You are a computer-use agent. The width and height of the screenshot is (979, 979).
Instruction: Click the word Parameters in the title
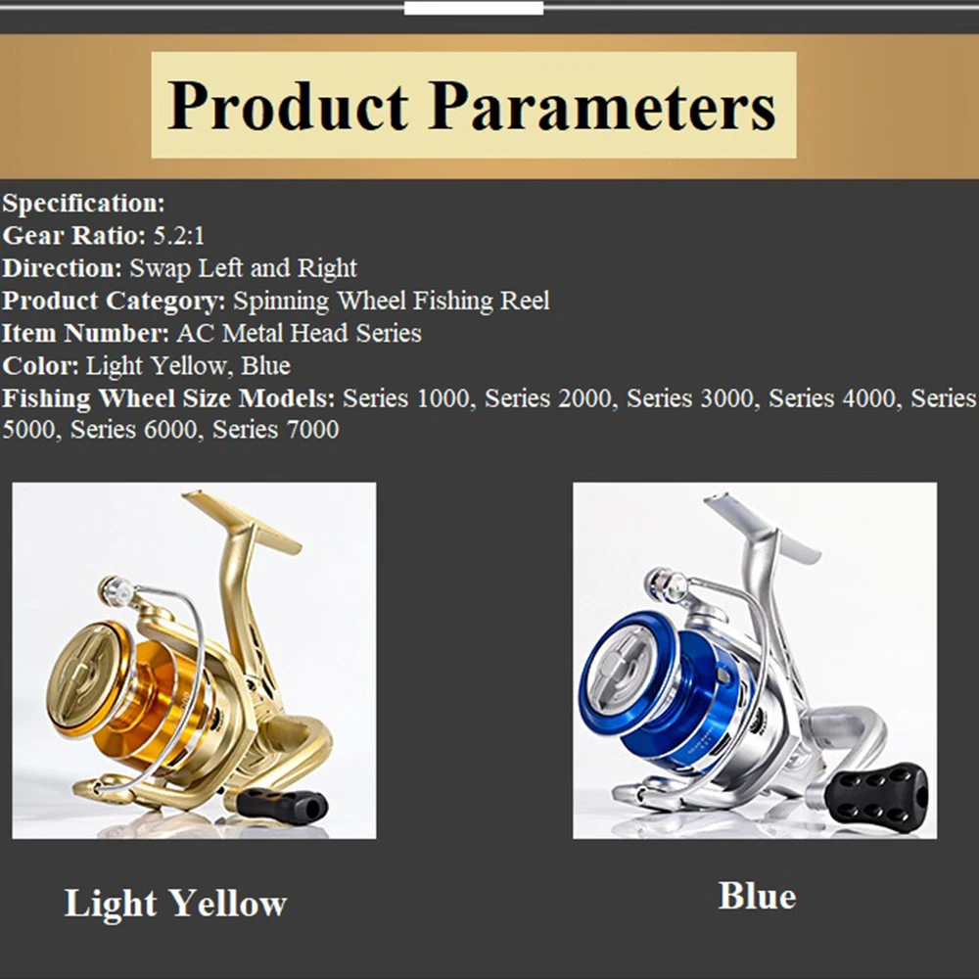(x=602, y=105)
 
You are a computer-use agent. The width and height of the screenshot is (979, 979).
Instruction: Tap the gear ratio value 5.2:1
(x=179, y=236)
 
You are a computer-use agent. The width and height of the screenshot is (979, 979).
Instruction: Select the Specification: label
(x=84, y=204)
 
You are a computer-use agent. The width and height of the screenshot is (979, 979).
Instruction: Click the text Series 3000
(x=690, y=398)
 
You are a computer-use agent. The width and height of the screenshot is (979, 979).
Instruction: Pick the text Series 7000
(x=276, y=430)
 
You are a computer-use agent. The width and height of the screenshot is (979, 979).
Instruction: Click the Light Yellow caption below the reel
(x=175, y=903)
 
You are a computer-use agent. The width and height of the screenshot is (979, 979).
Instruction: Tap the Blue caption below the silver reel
(x=757, y=896)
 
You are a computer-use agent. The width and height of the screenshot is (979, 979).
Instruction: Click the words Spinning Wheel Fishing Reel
(x=391, y=301)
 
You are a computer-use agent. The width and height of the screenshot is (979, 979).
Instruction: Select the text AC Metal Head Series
(x=299, y=333)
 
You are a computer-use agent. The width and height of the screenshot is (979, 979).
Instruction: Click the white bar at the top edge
(x=473, y=8)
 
